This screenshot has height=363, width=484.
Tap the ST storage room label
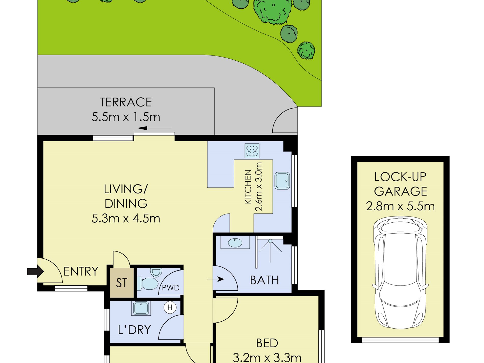click(x=122, y=283)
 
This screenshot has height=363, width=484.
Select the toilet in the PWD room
click(x=149, y=283)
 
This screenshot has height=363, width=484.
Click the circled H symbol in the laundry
click(x=170, y=307)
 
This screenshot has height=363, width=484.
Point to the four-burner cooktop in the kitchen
click(x=252, y=151)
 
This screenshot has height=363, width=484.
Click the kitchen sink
click(x=282, y=181)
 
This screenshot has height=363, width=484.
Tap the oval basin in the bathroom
click(x=235, y=243)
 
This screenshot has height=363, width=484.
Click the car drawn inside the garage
click(x=400, y=273)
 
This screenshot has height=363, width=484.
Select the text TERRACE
click(x=126, y=102)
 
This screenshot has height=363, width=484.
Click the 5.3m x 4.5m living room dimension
click(x=126, y=219)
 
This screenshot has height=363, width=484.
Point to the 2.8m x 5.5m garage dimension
click(x=400, y=206)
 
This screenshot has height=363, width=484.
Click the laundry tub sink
click(x=141, y=308)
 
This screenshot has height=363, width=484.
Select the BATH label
click(x=264, y=280)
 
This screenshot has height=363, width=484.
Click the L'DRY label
click(x=134, y=330)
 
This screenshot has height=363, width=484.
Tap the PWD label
click(x=171, y=288)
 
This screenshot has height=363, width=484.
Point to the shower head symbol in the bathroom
click(x=270, y=241)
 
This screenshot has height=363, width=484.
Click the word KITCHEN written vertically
click(x=248, y=187)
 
